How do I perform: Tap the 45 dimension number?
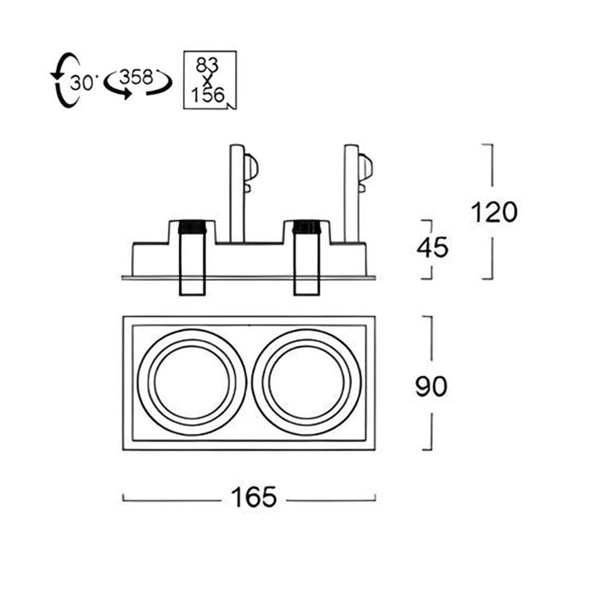[x=432, y=247]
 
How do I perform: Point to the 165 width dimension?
[x=254, y=497]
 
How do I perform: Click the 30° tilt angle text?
[x=81, y=82]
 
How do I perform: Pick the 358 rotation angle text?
[x=136, y=77]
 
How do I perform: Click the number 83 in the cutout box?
[x=207, y=65]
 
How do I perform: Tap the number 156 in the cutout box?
[x=207, y=95]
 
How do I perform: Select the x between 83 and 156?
[x=207, y=80]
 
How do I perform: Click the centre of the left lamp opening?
[x=192, y=381]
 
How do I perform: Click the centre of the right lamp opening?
[x=307, y=381]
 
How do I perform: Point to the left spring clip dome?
[x=251, y=168]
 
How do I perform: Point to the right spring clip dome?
[x=366, y=168]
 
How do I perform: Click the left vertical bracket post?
[x=236, y=194]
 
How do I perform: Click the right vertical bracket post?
[x=352, y=194]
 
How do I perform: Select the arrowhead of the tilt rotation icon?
[x=56, y=74]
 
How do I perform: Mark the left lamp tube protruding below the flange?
[x=192, y=286]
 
